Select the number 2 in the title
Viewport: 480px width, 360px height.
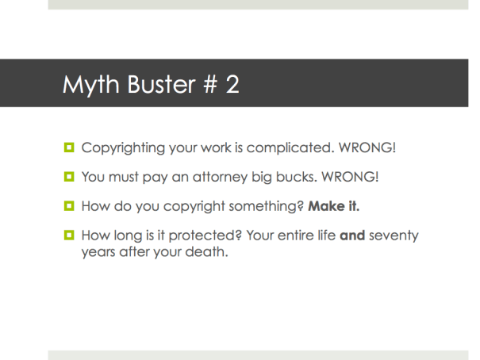click(x=232, y=85)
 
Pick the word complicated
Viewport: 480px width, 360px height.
click(x=297, y=147)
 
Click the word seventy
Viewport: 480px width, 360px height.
click(x=394, y=236)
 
